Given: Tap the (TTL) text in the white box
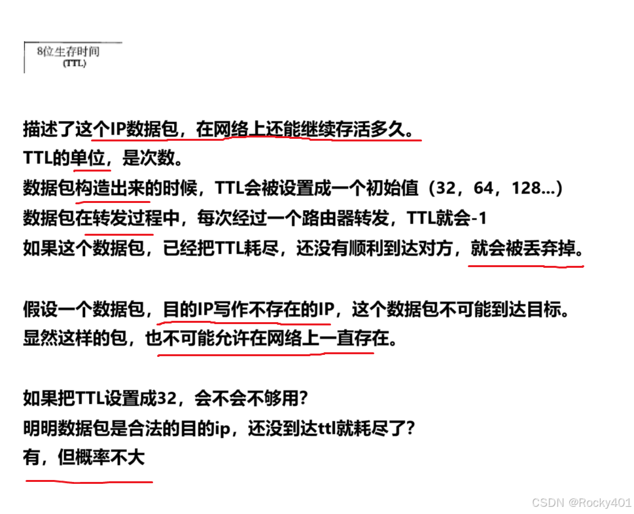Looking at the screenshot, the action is [x=75, y=64].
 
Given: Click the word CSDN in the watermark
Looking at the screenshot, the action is [x=546, y=502].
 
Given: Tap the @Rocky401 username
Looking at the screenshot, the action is [x=599, y=502].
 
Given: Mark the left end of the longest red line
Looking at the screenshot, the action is [x=92, y=140].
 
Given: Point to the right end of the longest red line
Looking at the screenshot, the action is [x=421, y=140].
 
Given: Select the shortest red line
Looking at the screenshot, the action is [x=92, y=170].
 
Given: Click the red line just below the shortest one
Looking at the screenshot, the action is [x=113, y=202].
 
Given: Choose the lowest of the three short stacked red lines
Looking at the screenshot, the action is [x=119, y=234].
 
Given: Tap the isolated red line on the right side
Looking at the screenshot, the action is [x=525, y=266].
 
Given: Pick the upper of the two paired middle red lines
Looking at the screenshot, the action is [x=243, y=323].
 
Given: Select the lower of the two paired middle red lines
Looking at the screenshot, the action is [x=265, y=355].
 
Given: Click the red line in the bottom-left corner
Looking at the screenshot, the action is [x=89, y=482].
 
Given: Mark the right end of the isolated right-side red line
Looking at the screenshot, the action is [x=582, y=266].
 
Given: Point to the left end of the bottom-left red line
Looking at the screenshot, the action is [x=27, y=481].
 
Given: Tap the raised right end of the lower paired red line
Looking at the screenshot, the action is [x=372, y=353].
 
